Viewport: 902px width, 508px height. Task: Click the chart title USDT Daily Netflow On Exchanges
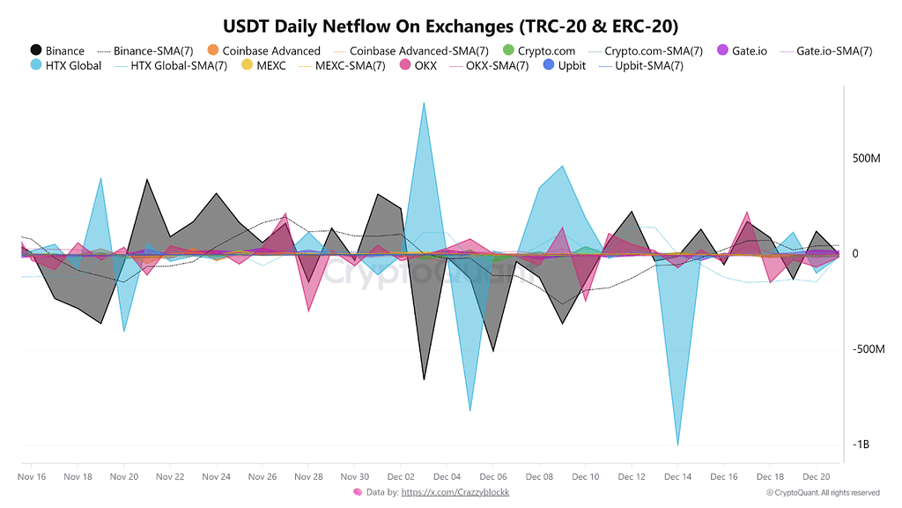click(x=450, y=25)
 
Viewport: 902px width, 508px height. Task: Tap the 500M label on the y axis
click(x=867, y=159)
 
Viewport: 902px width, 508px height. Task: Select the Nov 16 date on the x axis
click(x=32, y=477)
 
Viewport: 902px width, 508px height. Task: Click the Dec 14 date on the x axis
click(x=677, y=477)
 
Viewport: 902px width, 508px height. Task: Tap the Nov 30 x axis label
click(x=354, y=477)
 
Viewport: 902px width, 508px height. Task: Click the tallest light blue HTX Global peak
click(x=424, y=104)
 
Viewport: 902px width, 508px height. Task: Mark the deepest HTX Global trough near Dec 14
click(x=677, y=444)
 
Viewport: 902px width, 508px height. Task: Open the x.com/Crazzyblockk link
click(x=455, y=492)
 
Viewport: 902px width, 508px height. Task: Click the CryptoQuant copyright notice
click(x=823, y=493)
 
